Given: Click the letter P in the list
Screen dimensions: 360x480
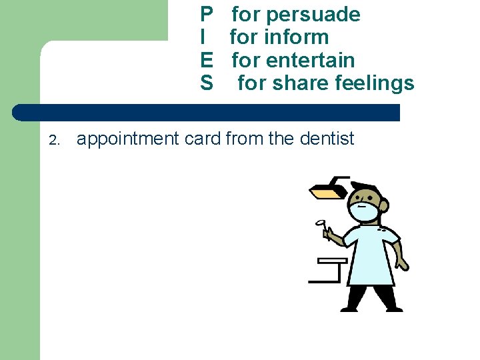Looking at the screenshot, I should [x=207, y=15].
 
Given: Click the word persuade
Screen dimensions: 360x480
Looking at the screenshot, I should [x=313, y=15].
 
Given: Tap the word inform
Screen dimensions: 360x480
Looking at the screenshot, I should [x=297, y=37].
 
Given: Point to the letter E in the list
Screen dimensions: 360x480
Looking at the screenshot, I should [x=207, y=60].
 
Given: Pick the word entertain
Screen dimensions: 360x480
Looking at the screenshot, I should [x=310, y=60].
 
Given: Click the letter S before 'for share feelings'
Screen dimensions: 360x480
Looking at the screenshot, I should [x=207, y=83].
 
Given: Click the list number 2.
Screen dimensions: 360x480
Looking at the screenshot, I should [x=55, y=140].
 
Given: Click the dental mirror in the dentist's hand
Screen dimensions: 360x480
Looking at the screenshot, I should [x=321, y=223].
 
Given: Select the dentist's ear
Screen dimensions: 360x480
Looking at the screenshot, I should [x=385, y=207].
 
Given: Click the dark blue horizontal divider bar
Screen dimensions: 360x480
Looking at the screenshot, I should [x=207, y=113].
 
